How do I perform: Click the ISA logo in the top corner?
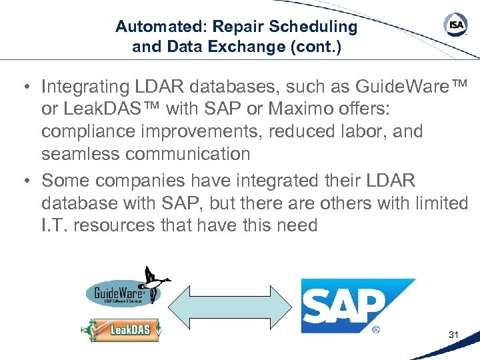coord(455,25)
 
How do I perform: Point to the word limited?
coord(436,203)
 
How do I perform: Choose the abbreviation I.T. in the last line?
coord(55,225)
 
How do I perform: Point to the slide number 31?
coord(453,335)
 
